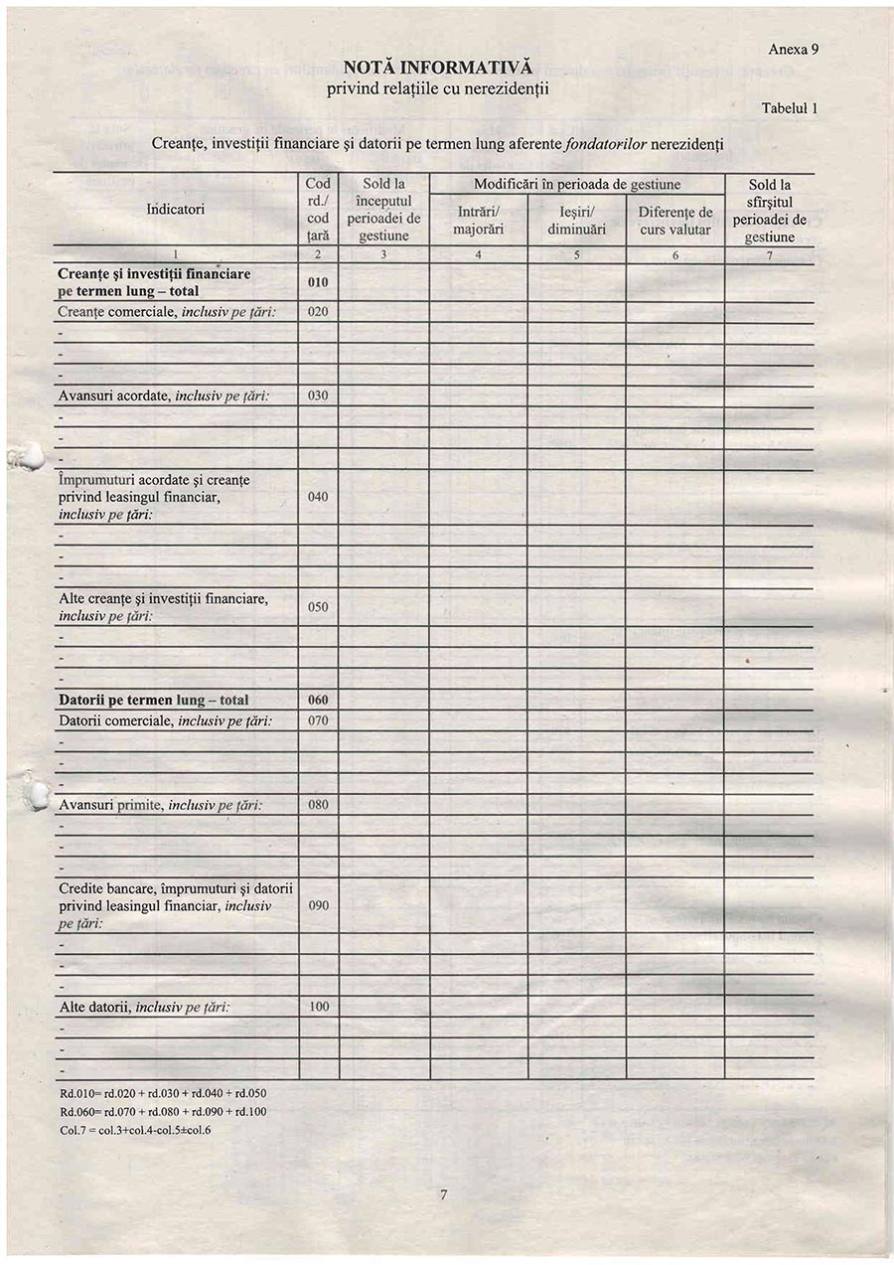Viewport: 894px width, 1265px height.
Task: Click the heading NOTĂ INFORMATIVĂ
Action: (x=438, y=68)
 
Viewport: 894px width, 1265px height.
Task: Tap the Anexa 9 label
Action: (x=793, y=49)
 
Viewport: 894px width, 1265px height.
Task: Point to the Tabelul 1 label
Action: (x=789, y=108)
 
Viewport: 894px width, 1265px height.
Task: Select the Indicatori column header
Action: (x=175, y=210)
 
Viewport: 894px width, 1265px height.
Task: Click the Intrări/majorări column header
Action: (x=478, y=220)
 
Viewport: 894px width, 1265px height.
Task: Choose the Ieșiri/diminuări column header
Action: (x=576, y=220)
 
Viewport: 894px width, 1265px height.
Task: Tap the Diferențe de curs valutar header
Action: (x=674, y=221)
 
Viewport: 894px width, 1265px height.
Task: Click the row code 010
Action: (x=318, y=282)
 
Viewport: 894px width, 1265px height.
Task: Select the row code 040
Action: (x=318, y=497)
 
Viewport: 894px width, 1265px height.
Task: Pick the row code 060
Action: (x=318, y=700)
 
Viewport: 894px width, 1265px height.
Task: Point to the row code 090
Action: (x=318, y=905)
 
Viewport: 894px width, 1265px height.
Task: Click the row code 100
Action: (x=318, y=1007)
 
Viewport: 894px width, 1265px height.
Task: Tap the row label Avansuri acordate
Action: (x=165, y=395)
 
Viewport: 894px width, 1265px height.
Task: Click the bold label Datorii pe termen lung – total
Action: (x=154, y=700)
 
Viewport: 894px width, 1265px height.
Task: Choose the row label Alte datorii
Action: (x=145, y=1007)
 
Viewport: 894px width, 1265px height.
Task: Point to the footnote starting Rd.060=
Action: (x=163, y=1111)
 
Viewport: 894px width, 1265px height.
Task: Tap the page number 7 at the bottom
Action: (x=442, y=1195)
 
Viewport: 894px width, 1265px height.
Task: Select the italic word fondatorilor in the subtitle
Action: (x=606, y=144)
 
